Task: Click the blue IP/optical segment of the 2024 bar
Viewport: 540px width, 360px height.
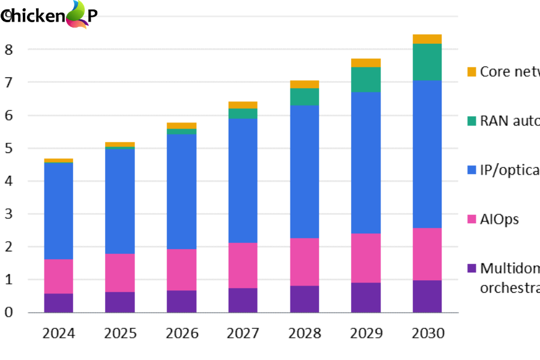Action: tap(58, 210)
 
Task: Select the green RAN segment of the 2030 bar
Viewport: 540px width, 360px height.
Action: tap(427, 62)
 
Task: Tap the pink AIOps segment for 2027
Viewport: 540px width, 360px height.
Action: tap(243, 265)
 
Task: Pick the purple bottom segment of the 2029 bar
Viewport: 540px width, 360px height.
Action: tap(366, 298)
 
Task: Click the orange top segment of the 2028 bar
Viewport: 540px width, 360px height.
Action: tap(304, 84)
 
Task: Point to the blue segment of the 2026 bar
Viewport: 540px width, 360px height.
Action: tap(181, 191)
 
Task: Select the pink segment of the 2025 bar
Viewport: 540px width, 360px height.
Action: tap(120, 272)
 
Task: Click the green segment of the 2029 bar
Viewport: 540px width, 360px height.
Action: tap(366, 79)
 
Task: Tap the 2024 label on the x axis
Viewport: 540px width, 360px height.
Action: tap(58, 333)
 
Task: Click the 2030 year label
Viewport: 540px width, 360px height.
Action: tap(427, 333)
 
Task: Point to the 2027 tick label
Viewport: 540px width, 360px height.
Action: tap(243, 333)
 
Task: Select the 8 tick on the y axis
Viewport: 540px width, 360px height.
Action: tap(8, 49)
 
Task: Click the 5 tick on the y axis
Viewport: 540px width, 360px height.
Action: tap(8, 148)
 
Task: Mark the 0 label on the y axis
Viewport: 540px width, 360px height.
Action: tap(8, 313)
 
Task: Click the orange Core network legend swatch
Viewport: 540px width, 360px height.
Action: tap(472, 72)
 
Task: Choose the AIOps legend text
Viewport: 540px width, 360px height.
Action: tap(499, 220)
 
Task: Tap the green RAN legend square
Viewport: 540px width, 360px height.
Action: tap(472, 121)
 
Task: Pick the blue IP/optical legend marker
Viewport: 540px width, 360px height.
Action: tap(472, 170)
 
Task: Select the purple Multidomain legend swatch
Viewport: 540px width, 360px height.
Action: tap(472, 268)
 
